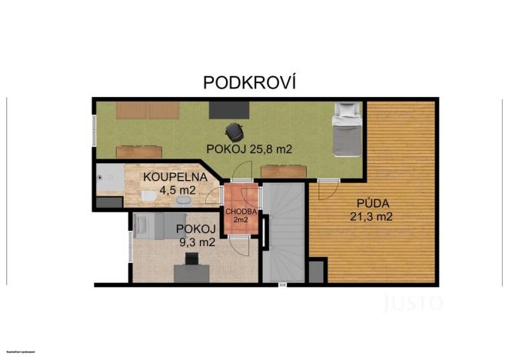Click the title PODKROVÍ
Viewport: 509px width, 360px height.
(249, 82)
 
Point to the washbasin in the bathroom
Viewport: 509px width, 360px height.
(183, 200)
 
